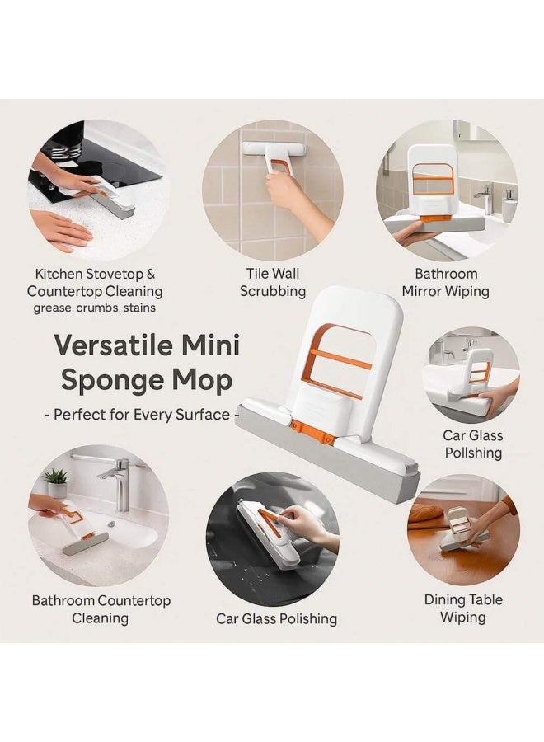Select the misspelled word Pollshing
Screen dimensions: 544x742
click(473, 453)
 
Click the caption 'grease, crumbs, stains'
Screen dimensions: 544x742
click(95, 308)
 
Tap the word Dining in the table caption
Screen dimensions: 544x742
click(444, 600)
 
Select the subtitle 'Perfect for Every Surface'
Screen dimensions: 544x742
click(142, 415)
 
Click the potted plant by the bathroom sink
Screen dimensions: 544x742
click(56, 481)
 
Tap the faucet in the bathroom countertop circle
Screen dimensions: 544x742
click(118, 481)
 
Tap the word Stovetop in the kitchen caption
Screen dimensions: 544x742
click(114, 275)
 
